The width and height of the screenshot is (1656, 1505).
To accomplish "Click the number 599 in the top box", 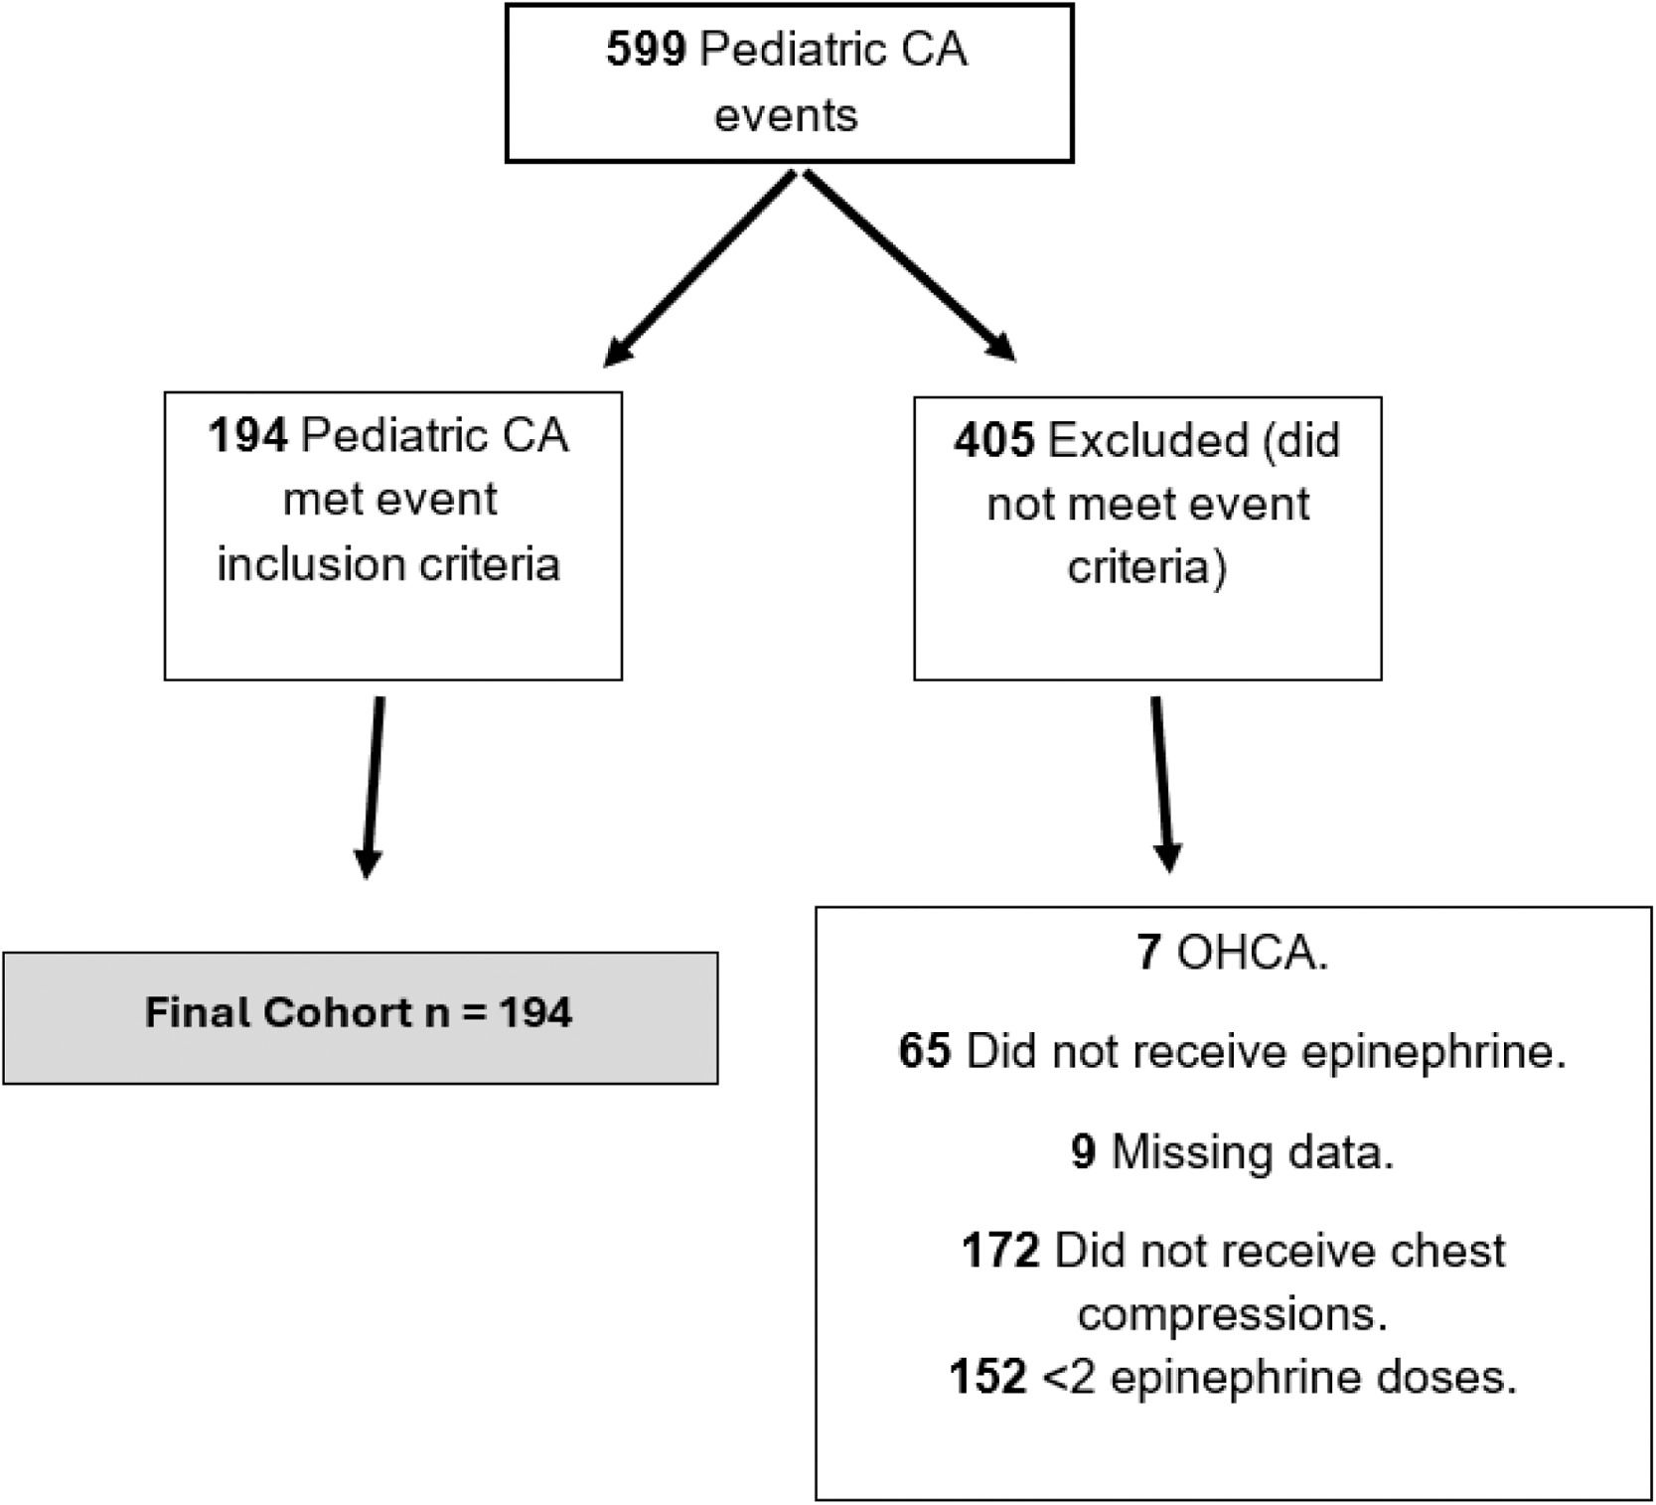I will [x=645, y=50].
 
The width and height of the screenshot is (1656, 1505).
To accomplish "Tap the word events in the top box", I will [x=786, y=115].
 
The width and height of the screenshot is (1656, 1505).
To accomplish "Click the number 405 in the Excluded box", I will [x=994, y=440].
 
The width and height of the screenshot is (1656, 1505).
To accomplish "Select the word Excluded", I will [x=1147, y=440].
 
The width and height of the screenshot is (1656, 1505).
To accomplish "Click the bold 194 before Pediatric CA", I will [x=247, y=435].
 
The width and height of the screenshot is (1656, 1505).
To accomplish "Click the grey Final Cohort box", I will [x=360, y=1017].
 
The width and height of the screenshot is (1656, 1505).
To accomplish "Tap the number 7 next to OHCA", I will [x=1148, y=953].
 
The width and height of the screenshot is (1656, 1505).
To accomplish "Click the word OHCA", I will [x=1251, y=953].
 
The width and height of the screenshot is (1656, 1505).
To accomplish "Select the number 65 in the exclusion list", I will [x=925, y=1051].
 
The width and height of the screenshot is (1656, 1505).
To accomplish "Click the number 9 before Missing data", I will [x=1084, y=1151].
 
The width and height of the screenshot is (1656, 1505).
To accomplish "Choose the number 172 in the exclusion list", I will [x=1000, y=1251].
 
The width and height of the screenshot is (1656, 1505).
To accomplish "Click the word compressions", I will [x=1232, y=1313].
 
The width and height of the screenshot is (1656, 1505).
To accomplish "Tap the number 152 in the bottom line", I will [x=987, y=1377].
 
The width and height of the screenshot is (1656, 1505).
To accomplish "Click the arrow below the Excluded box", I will [x=1161, y=785].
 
